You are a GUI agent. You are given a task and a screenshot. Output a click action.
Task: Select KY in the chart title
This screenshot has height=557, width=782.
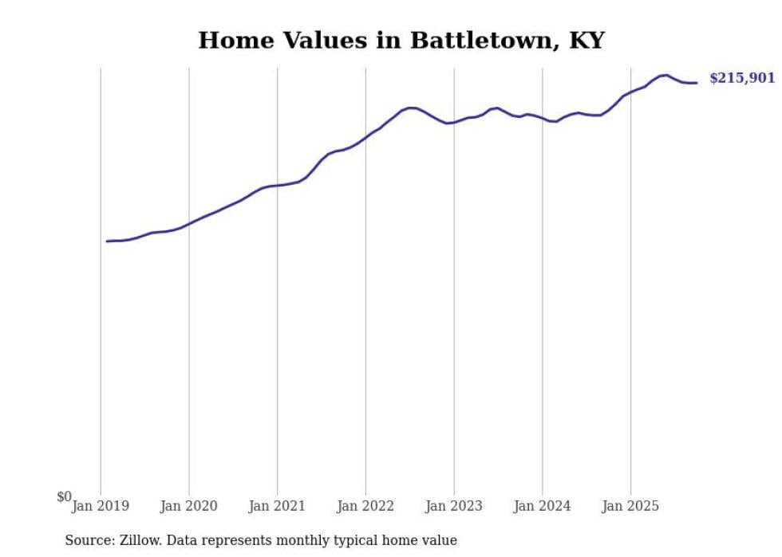(586, 41)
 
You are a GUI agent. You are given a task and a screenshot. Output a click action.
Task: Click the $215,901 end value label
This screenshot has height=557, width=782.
(742, 78)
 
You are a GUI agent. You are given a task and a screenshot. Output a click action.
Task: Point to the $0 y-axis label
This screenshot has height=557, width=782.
(64, 497)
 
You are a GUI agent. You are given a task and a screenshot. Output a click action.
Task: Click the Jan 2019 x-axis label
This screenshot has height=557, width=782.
(101, 506)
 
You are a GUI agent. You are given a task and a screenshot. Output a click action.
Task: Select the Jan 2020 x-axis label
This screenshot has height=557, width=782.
(189, 506)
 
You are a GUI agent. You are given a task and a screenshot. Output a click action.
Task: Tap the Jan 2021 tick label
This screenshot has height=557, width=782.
(277, 506)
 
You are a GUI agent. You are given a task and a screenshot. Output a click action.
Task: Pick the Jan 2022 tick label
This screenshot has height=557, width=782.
(365, 506)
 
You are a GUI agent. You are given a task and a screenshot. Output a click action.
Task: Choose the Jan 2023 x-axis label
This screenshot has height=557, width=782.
(454, 506)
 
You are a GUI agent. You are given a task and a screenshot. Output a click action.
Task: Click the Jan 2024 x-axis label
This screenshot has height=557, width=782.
(543, 506)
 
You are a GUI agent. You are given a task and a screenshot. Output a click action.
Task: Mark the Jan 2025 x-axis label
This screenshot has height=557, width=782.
(630, 506)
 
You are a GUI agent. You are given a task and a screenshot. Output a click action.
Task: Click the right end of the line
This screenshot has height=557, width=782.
(697, 83)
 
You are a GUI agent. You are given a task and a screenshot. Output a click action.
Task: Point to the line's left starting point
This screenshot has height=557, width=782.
(107, 241)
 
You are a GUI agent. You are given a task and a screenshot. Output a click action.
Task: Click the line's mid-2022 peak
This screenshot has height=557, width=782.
(411, 108)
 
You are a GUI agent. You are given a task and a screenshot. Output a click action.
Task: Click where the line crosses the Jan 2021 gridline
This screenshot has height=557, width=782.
(277, 186)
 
